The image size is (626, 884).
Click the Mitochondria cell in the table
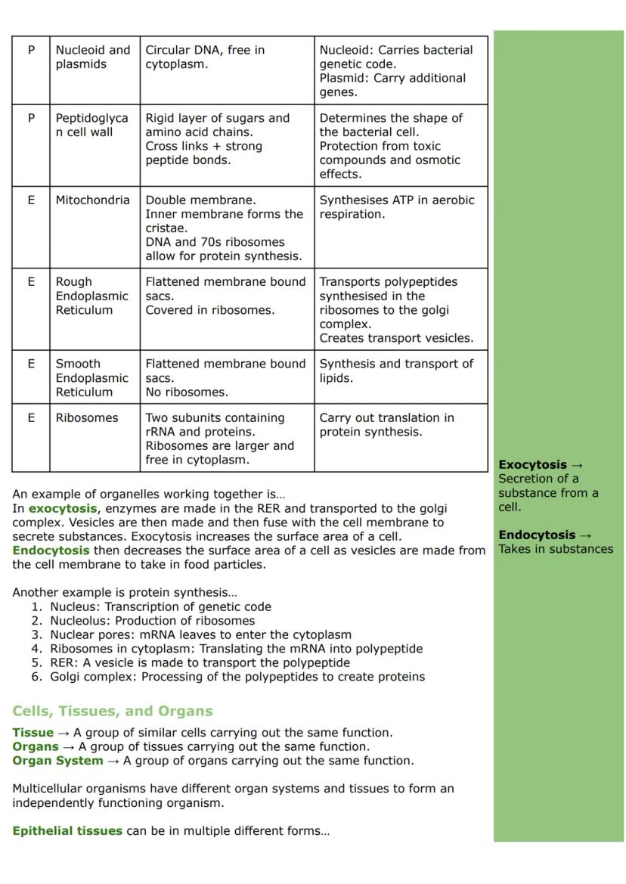92,200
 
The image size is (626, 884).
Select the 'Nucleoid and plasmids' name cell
92,57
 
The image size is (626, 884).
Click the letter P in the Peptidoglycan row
31,118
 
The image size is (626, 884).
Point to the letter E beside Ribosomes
31,417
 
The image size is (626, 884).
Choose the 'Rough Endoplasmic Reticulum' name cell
92,296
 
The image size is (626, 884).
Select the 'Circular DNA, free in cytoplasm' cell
205,57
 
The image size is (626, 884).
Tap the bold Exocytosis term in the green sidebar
533,464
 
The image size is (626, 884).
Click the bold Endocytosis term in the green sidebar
537,535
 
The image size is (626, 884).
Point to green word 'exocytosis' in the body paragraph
63,508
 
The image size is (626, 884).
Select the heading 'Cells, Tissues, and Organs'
113,711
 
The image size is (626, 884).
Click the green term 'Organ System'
57,760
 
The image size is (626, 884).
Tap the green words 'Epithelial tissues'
67,830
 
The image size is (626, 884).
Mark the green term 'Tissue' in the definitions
33,732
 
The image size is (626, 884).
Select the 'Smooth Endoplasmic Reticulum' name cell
92,377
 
